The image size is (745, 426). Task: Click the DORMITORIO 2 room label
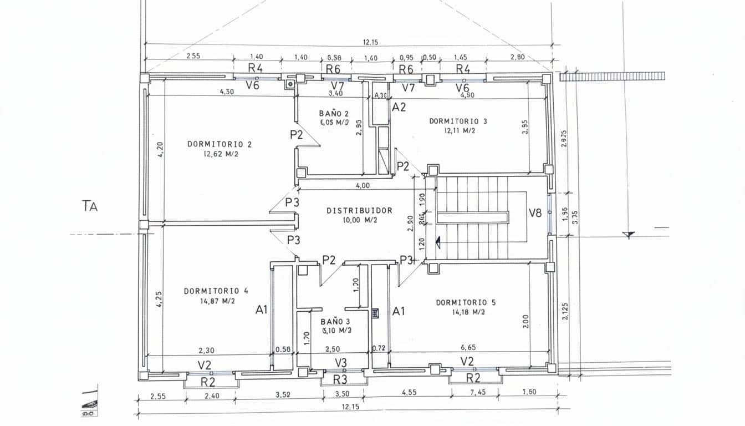(220, 144)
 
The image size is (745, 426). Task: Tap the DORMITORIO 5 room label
(466, 302)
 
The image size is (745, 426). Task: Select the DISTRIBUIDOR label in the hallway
(359, 211)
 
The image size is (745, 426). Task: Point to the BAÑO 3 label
(335, 322)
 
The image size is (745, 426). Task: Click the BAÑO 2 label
(334, 113)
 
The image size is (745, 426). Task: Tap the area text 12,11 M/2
(460, 131)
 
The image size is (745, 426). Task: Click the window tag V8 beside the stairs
(535, 213)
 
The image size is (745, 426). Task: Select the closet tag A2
(399, 107)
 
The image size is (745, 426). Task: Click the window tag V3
(341, 363)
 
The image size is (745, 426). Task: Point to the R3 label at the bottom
(340, 380)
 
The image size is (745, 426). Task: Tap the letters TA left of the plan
(90, 206)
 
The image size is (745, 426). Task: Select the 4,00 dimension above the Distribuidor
(362, 186)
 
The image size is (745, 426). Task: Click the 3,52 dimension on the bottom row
(283, 395)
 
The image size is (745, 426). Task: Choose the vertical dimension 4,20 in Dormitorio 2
(160, 150)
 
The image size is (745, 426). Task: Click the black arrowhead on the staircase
(437, 242)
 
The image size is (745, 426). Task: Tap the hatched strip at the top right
(611, 77)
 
